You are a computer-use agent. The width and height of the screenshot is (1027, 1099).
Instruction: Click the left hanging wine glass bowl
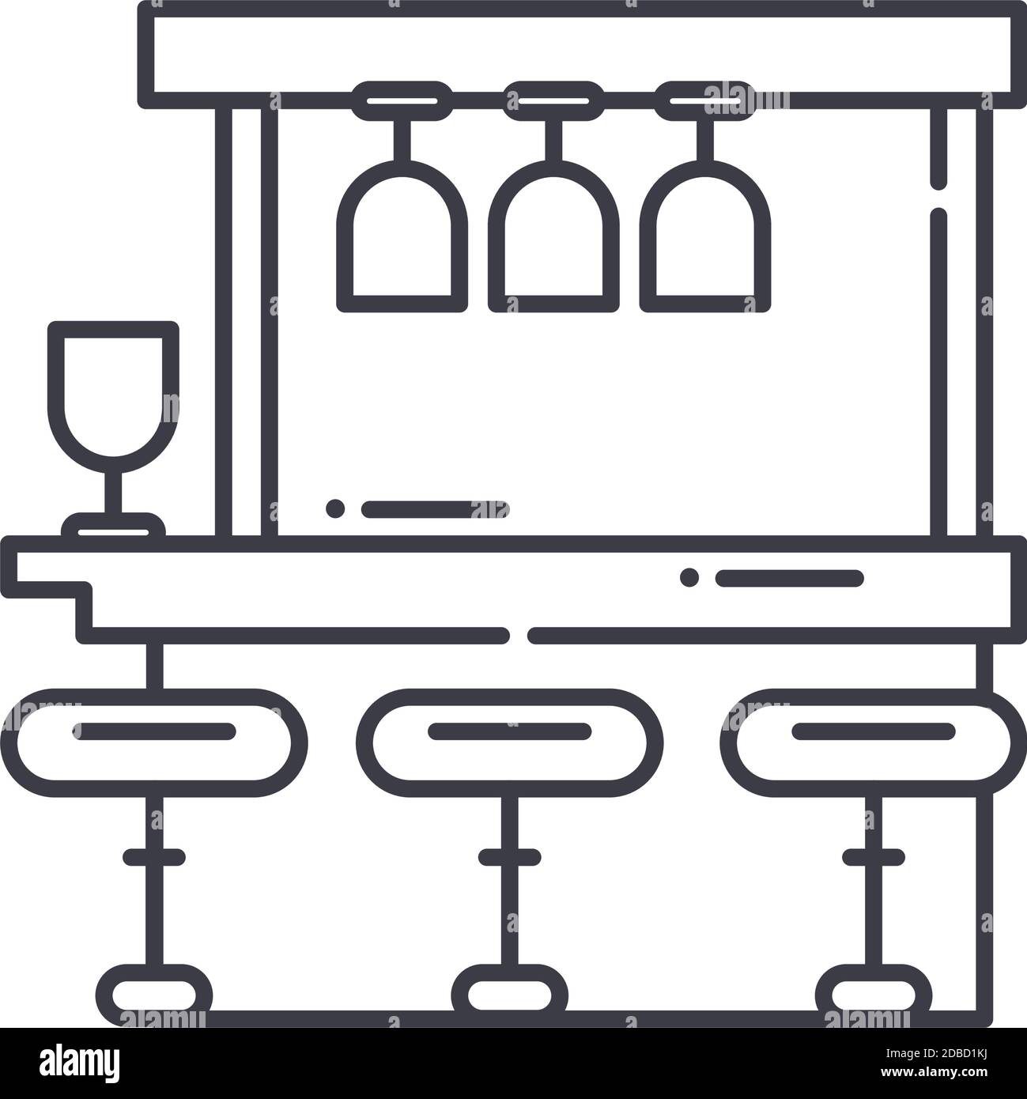[x=402, y=237]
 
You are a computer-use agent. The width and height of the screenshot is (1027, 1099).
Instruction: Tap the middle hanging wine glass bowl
[x=553, y=237]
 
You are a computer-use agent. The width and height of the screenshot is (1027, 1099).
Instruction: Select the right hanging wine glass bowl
[x=704, y=237]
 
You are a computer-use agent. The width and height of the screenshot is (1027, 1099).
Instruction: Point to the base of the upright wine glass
[x=114, y=525]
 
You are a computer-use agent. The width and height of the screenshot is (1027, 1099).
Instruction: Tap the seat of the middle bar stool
[x=510, y=742]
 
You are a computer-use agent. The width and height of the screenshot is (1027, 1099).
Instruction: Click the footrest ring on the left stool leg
[x=154, y=856]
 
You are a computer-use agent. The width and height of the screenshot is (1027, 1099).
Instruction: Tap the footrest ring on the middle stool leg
[x=510, y=856]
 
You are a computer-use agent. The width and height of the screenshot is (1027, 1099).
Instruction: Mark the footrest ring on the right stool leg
[x=874, y=856]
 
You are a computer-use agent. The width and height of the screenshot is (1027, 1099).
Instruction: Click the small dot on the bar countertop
[x=689, y=577]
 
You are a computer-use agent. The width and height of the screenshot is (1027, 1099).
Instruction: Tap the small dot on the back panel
[x=335, y=508]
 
